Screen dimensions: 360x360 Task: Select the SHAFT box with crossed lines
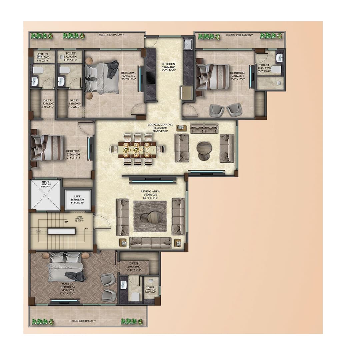coord(45,195)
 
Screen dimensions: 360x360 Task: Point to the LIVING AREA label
coord(151,192)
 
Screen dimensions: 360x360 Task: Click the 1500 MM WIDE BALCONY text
coord(83,321)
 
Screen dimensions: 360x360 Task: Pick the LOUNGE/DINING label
coord(160,125)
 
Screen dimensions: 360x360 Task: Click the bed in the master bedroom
coord(66,267)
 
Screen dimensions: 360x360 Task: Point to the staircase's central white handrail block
coord(62,231)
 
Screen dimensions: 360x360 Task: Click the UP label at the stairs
coord(87,229)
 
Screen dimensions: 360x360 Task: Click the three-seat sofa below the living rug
coord(151,242)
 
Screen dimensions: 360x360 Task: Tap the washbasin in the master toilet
coord(123,285)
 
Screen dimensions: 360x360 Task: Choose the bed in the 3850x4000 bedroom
coord(48,148)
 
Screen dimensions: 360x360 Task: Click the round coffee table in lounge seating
coord(203,148)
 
